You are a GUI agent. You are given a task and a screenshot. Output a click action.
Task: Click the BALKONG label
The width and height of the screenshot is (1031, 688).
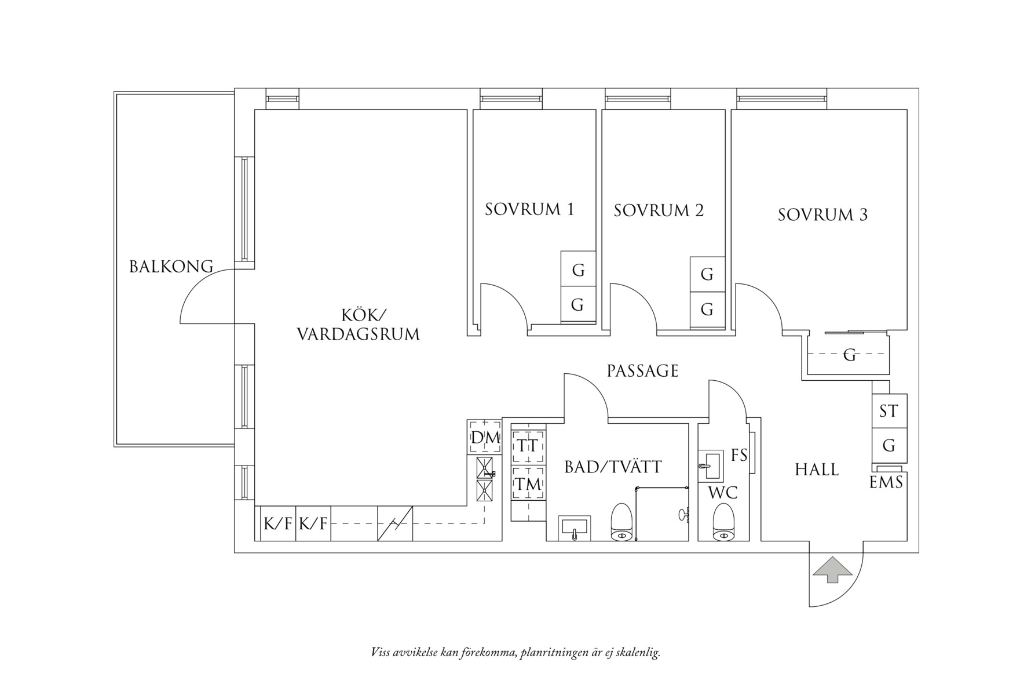pos(171,267)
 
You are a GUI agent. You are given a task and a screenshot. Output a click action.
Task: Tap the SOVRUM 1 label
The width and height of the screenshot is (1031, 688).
pos(529,209)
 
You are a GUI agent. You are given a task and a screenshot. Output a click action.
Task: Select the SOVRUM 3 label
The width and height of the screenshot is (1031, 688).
pos(822,215)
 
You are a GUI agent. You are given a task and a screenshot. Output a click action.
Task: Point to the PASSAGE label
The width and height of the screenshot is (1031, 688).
pos(642,371)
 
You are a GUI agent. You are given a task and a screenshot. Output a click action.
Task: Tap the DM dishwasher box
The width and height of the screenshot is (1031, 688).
pos(485,438)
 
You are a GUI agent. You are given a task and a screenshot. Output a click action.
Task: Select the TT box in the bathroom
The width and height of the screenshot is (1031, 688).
pos(528,446)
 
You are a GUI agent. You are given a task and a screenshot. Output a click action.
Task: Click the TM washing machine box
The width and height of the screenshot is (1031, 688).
pos(528,484)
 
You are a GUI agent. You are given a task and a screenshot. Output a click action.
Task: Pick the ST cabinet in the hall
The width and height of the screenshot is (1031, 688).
pos(889,411)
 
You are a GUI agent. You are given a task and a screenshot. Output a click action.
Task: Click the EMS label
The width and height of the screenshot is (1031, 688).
pos(886,482)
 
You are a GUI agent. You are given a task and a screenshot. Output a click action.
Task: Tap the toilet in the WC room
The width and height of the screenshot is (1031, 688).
pos(722,523)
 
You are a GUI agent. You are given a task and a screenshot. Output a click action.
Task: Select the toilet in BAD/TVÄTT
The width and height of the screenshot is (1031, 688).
pos(621,523)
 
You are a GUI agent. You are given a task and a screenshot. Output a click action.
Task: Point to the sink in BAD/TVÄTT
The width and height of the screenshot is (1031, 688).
pos(574,527)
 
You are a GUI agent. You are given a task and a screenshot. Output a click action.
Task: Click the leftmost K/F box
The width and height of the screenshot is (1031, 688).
pos(278,524)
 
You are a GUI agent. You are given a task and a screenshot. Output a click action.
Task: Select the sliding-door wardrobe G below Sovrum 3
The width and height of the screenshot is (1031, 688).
pos(849,355)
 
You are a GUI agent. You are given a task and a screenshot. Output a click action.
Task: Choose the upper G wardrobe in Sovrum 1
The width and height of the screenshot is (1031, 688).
pos(577,270)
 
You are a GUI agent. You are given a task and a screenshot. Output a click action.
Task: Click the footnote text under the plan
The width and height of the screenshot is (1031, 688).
pos(515,653)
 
